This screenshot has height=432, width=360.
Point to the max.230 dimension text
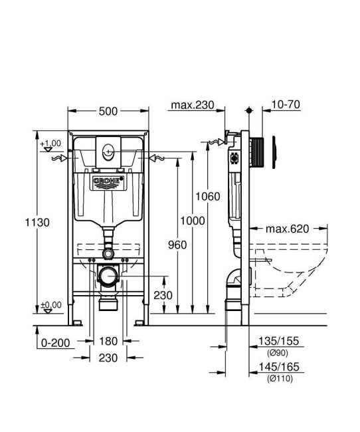tap(192, 106)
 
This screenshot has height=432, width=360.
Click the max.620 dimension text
tap(288, 229)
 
